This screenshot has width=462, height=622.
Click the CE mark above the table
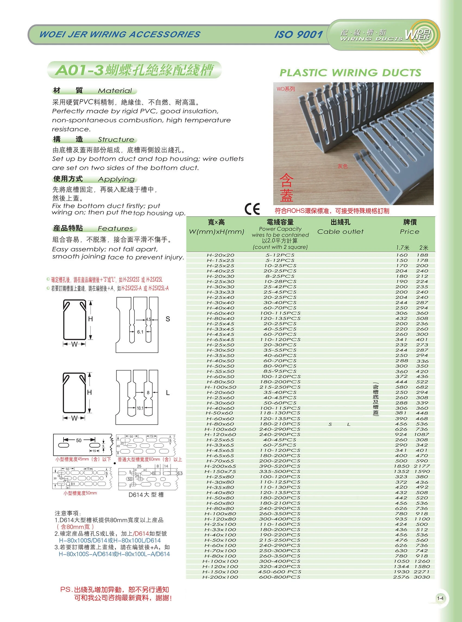252,209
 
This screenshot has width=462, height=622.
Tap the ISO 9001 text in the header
298,34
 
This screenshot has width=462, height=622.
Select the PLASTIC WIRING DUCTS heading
350,73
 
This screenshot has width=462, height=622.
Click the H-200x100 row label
220,577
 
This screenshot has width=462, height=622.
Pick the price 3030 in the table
422,577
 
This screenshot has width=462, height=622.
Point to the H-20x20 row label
220,255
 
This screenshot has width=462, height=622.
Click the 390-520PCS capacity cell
280,466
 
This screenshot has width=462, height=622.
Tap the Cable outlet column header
340,232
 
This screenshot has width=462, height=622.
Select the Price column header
409,232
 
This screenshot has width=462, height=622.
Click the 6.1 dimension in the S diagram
140,332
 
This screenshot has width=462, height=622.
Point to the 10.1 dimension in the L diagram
140,408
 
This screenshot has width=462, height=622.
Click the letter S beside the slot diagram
168,319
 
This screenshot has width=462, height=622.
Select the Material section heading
115,91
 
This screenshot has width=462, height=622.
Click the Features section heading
115,229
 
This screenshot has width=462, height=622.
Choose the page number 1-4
440,599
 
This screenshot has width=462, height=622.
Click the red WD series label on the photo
285,89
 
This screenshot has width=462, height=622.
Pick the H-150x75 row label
220,472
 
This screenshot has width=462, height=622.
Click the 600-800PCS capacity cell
280,577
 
